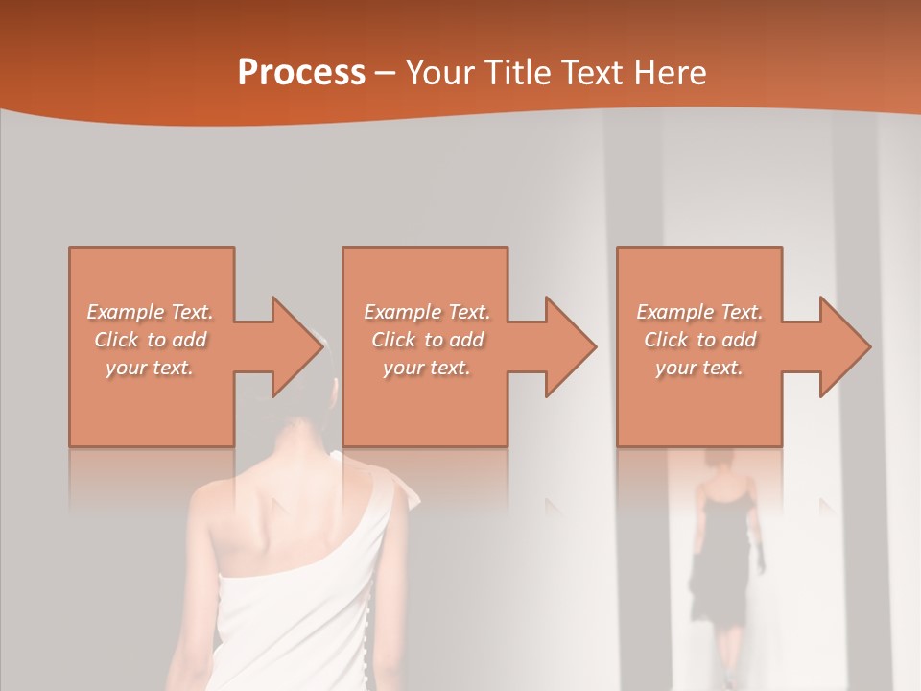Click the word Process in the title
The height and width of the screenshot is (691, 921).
(x=301, y=73)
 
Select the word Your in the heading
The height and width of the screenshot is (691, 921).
(x=438, y=73)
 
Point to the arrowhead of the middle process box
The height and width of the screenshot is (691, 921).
(x=569, y=346)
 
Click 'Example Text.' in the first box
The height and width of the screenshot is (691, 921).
(x=150, y=312)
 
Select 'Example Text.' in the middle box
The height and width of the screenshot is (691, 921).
(x=426, y=312)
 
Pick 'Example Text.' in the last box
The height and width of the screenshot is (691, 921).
(x=699, y=312)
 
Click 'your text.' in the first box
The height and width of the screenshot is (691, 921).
(x=150, y=368)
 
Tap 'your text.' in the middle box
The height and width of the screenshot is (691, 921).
(x=426, y=368)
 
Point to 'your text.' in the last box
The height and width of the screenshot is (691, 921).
(x=699, y=368)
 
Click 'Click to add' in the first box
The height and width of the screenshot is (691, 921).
(x=150, y=340)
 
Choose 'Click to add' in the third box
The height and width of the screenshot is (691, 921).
(x=699, y=340)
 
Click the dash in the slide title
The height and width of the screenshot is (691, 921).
(x=386, y=73)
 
